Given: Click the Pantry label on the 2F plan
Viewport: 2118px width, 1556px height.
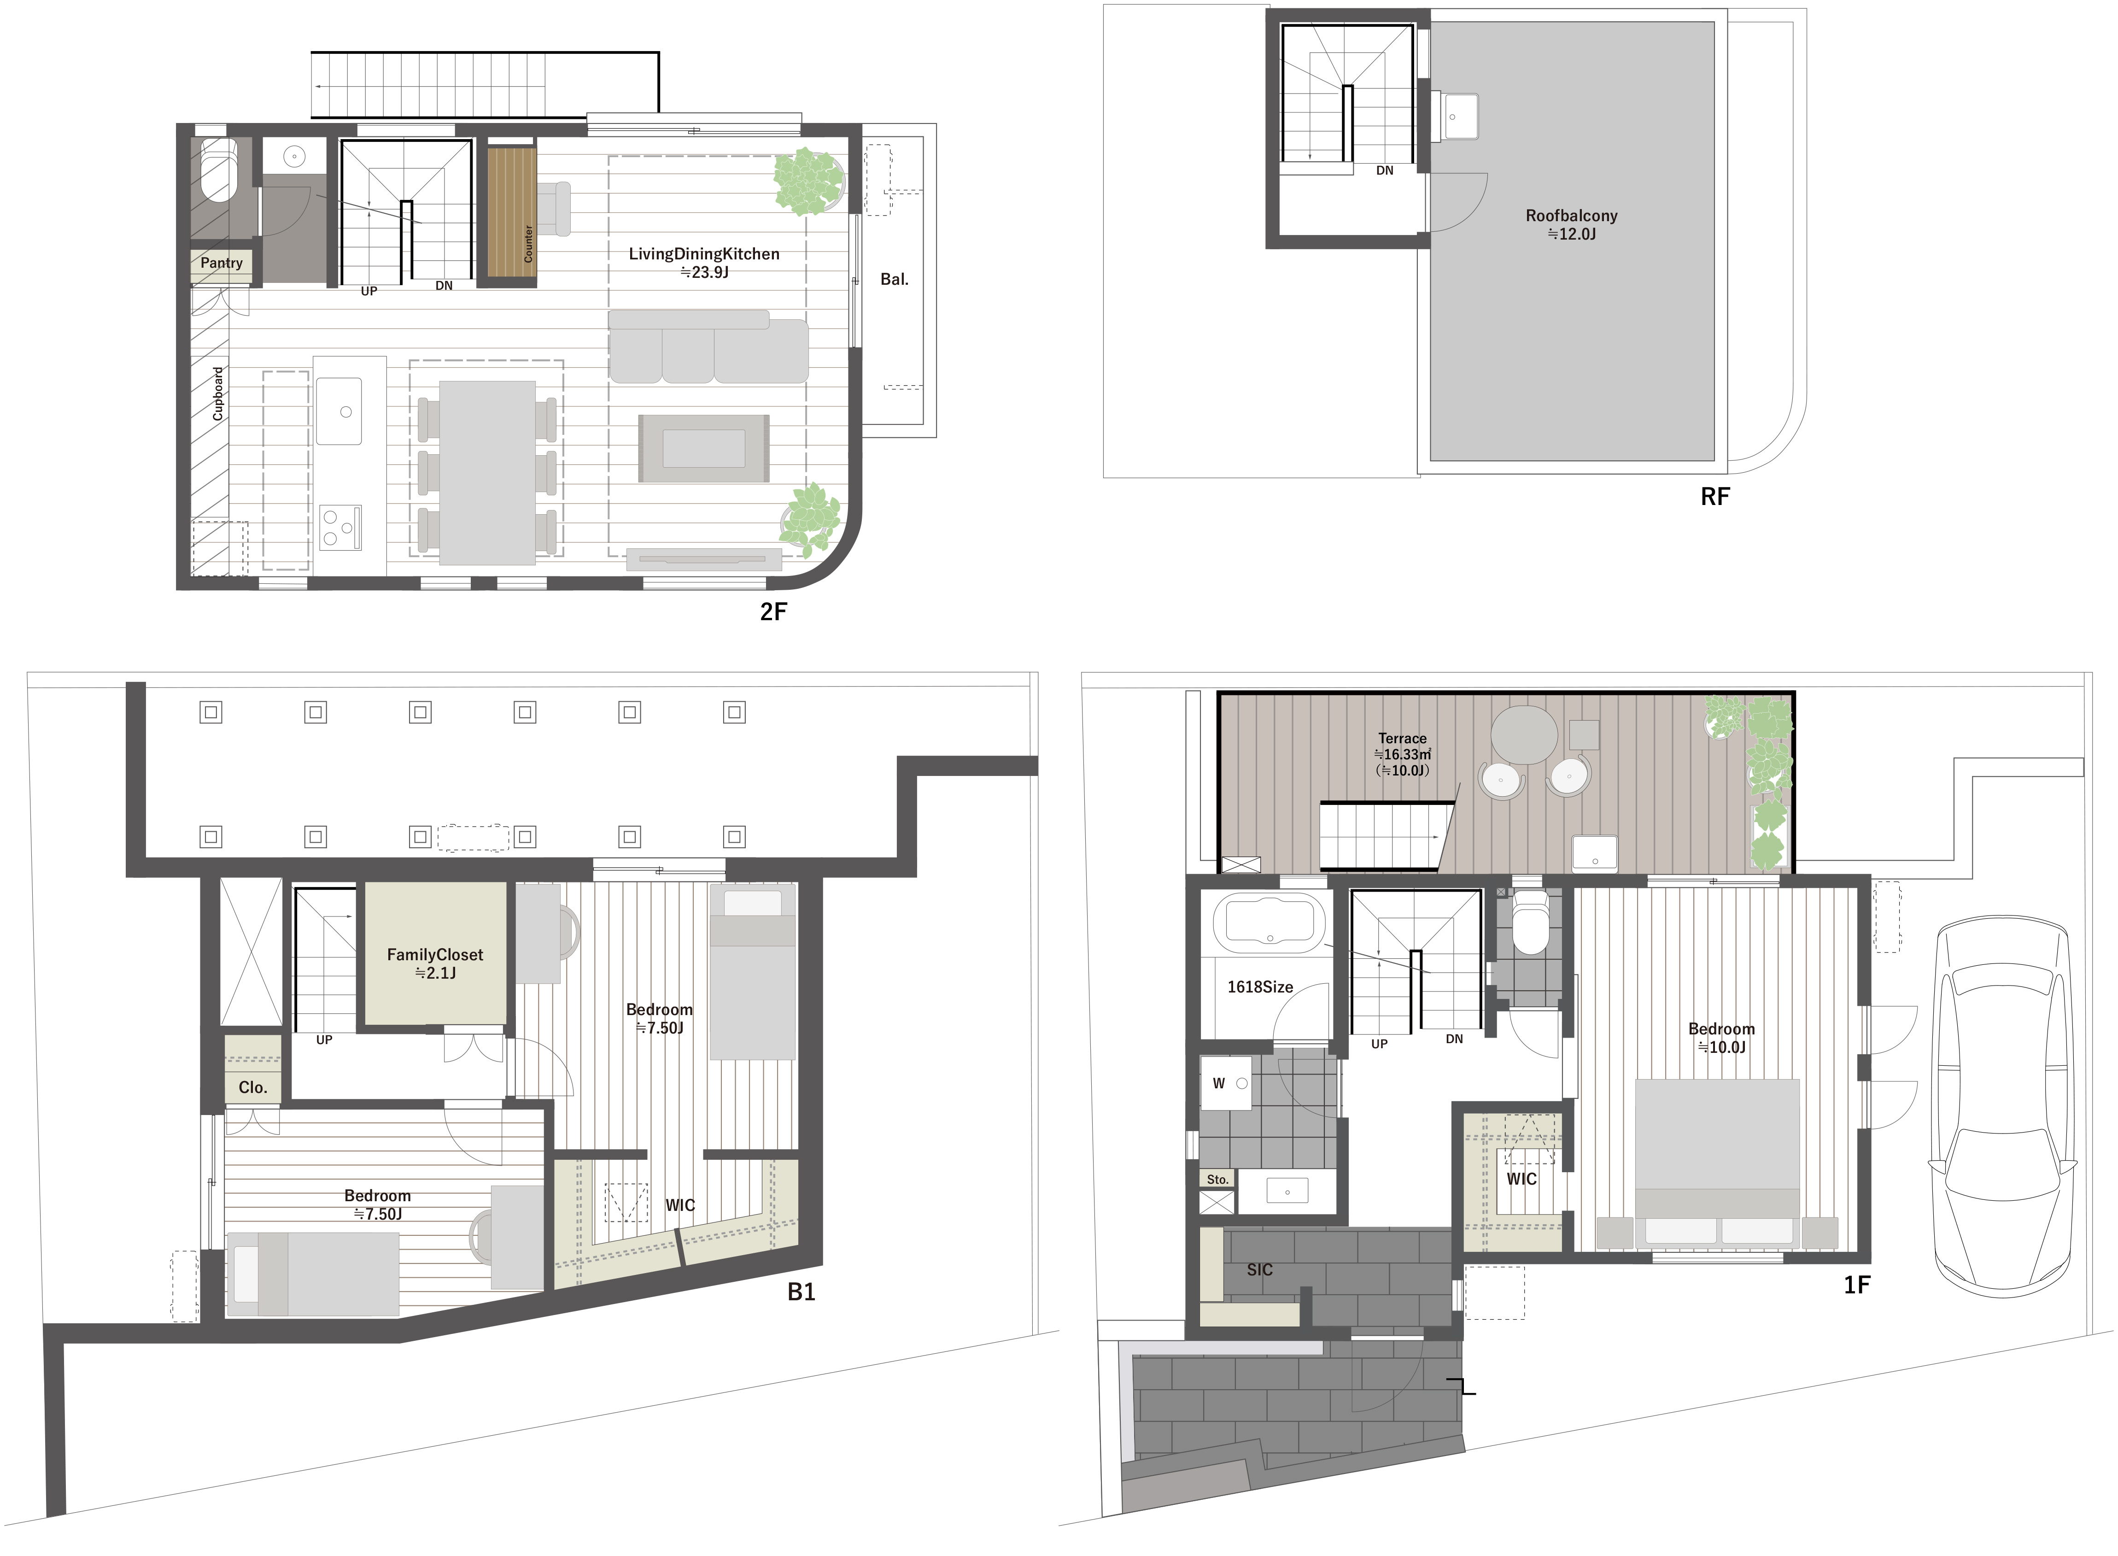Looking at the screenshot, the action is coord(221,263).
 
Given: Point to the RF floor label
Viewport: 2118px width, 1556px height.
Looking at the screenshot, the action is coord(1715,496).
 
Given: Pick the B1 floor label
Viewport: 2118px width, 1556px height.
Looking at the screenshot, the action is coord(802,1292).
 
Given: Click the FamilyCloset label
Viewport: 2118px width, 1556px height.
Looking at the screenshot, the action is coord(435,954).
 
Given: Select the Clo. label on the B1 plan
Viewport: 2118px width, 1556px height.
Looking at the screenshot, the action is coord(252,1087).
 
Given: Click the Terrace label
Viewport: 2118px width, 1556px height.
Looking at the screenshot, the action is coord(1402,739).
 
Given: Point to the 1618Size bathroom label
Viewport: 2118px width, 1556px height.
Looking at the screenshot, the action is coord(1260,987).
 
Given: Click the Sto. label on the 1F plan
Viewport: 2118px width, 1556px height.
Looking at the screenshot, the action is coord(1217,1179).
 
